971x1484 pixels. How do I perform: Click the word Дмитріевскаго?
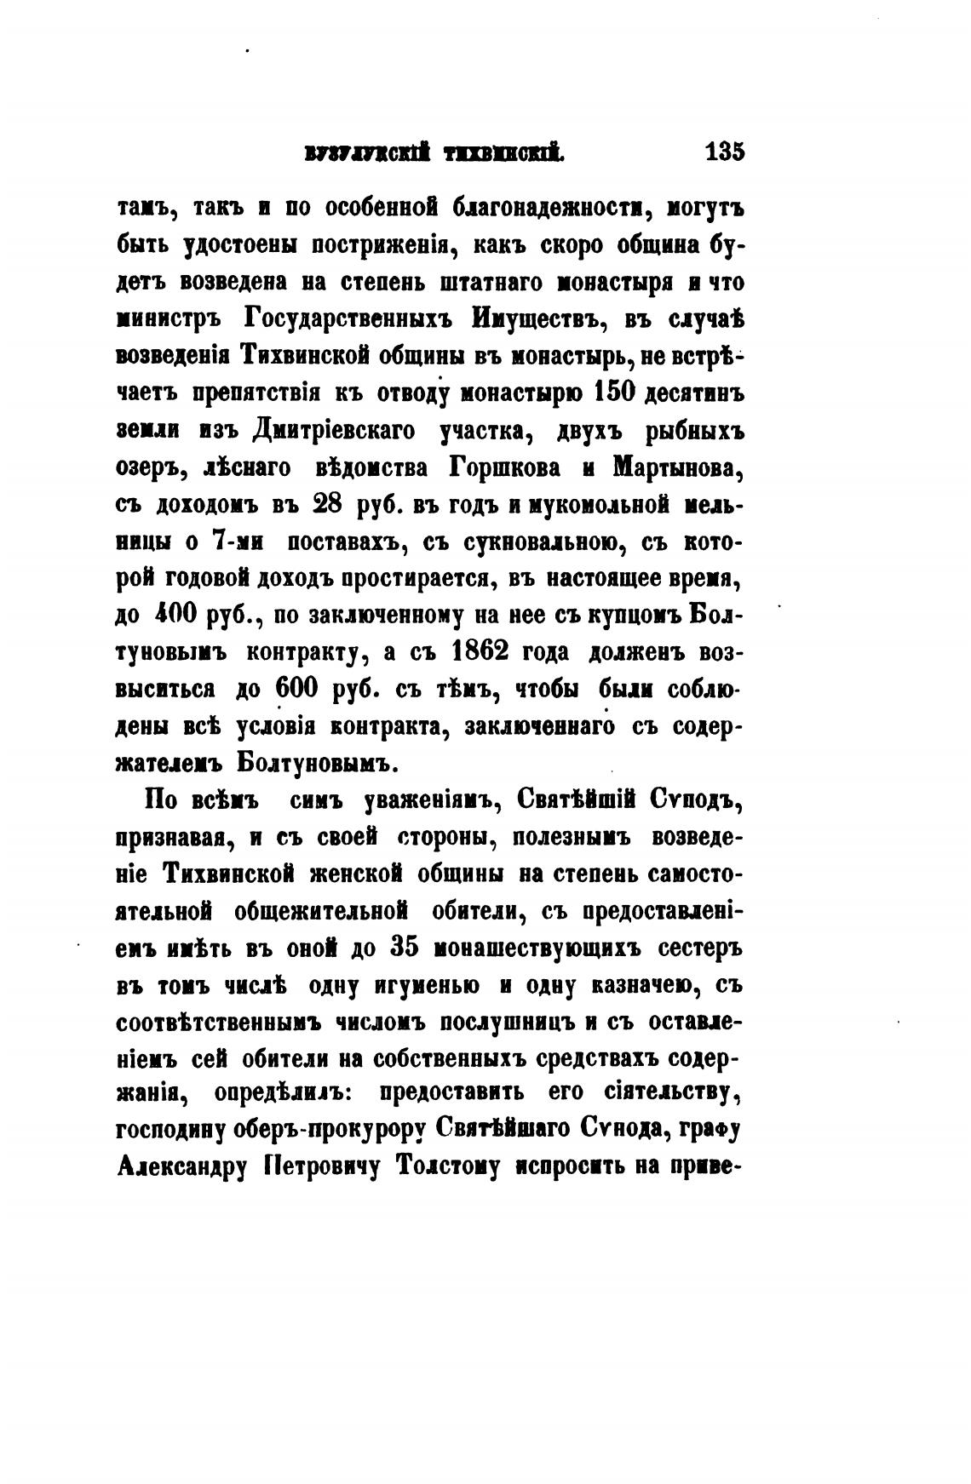coord(334,431)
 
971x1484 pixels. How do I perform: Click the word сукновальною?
coord(534,541)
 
